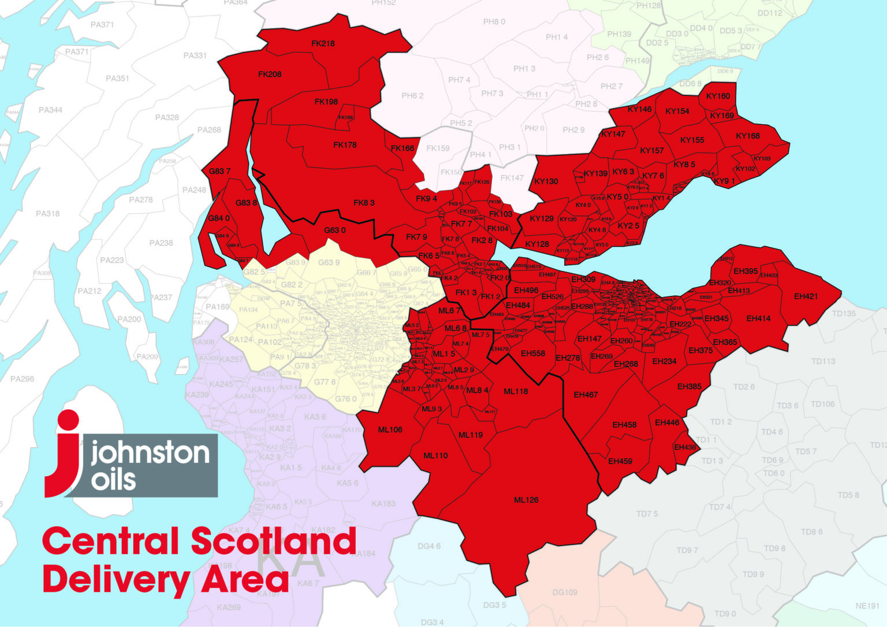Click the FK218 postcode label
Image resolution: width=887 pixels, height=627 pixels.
pyautogui.click(x=323, y=43)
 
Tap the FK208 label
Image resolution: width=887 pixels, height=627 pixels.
pyautogui.click(x=270, y=74)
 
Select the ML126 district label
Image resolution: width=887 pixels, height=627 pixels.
pyautogui.click(x=526, y=500)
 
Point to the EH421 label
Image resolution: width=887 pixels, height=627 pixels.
pyautogui.click(x=806, y=296)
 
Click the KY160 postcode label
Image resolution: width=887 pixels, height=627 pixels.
pyautogui.click(x=718, y=96)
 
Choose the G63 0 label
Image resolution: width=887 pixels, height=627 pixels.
pyautogui.click(x=335, y=230)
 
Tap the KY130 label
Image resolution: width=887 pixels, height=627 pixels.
pyautogui.click(x=546, y=181)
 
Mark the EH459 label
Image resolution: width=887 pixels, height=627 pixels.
pyautogui.click(x=620, y=461)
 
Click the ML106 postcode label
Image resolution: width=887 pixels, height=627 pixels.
pyautogui.click(x=390, y=429)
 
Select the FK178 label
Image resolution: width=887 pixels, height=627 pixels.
pyautogui.click(x=345, y=145)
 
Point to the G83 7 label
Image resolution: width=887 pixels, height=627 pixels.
pyautogui.click(x=219, y=171)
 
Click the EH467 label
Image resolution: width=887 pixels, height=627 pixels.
pyautogui.click(x=586, y=395)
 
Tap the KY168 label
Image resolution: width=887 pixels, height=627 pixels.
pyautogui.click(x=748, y=136)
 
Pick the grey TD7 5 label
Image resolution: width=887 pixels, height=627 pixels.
pyautogui.click(x=647, y=514)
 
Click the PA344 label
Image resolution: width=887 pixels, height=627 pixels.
pyautogui.click(x=50, y=110)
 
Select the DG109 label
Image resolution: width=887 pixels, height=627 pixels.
pyautogui.click(x=565, y=592)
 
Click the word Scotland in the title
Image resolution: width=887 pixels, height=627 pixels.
pyautogui.click(x=273, y=541)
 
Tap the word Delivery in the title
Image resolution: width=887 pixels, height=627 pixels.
pyautogui.click(x=116, y=579)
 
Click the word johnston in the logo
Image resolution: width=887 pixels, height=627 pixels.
pyautogui.click(x=150, y=452)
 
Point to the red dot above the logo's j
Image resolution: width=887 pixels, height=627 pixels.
pyautogui.click(x=69, y=421)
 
